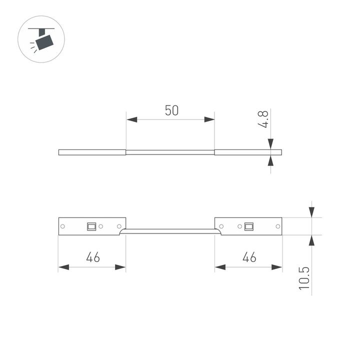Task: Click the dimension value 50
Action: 171,110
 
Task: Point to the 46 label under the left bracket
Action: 92,257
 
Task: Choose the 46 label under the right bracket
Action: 248,257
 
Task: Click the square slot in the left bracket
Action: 91,226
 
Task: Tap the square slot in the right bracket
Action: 248,226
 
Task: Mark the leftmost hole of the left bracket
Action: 63,226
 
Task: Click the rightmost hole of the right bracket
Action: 277,226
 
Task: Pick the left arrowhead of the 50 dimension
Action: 131,119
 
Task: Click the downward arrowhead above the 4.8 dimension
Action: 270,144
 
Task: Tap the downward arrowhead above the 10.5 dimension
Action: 311,212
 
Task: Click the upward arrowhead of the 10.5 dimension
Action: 311,240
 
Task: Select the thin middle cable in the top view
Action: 170,152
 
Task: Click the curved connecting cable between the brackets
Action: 170,230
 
